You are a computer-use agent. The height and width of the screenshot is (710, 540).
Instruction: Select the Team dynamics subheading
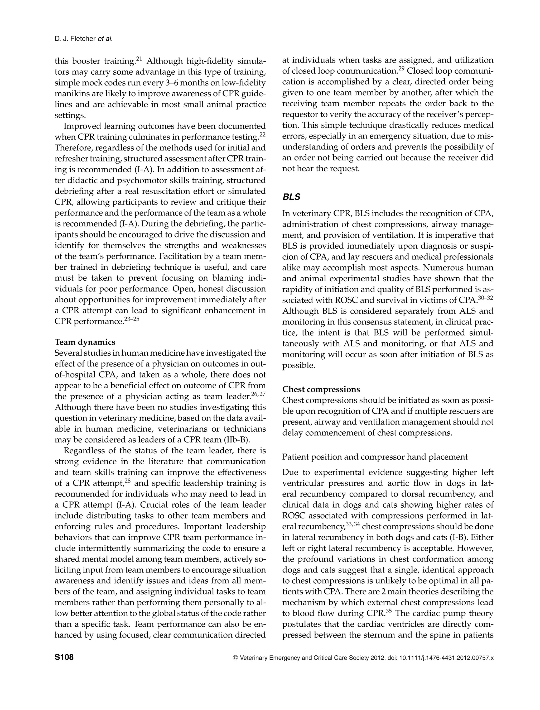(x=85, y=342)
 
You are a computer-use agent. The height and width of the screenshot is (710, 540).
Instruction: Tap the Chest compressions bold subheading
(x=321, y=389)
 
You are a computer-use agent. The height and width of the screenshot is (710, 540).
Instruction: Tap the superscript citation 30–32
(x=485, y=298)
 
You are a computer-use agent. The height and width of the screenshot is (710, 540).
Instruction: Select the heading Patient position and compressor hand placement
(x=375, y=457)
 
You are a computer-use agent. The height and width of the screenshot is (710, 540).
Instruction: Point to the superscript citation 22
(x=262, y=134)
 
